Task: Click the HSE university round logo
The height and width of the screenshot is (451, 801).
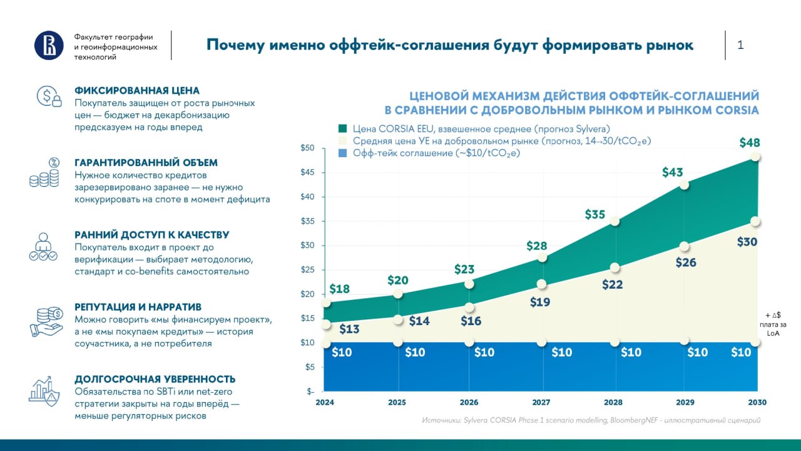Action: pyautogui.click(x=49, y=45)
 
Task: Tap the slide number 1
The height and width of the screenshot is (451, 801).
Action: pyautogui.click(x=740, y=44)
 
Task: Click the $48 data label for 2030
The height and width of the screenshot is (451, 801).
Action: pyautogui.click(x=750, y=142)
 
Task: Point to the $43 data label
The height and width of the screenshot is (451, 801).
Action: pyautogui.click(x=672, y=172)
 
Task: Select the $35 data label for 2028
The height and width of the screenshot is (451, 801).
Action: pyautogui.click(x=595, y=214)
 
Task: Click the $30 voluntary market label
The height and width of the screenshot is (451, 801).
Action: pyautogui.click(x=747, y=242)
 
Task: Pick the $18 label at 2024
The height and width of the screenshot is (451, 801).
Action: pyautogui.click(x=339, y=289)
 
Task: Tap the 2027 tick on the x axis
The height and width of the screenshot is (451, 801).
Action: pyautogui.click(x=541, y=402)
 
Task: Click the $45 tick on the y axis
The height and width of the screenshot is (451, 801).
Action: pyautogui.click(x=307, y=172)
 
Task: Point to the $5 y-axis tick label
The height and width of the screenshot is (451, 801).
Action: pyautogui.click(x=309, y=367)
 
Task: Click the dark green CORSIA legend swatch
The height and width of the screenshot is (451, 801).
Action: pyautogui.click(x=342, y=128)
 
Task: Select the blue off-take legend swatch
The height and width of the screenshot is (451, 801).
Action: pyautogui.click(x=342, y=153)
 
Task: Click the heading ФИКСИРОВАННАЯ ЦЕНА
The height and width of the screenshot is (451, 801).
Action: pyautogui.click(x=137, y=91)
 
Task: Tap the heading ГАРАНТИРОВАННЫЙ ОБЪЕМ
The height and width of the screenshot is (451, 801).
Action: pyautogui.click(x=146, y=162)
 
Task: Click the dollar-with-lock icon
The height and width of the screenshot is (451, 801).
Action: pyautogui.click(x=49, y=96)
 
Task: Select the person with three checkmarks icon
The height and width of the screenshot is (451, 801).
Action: pyautogui.click(x=43, y=247)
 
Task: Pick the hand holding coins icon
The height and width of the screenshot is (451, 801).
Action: pyautogui.click(x=46, y=322)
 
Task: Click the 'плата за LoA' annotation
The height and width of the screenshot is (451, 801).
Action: pyautogui.click(x=773, y=329)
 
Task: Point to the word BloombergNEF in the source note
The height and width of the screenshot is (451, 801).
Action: pyautogui.click(x=634, y=420)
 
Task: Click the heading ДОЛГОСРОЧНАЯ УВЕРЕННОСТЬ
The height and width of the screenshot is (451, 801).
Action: pyautogui.click(x=155, y=379)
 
